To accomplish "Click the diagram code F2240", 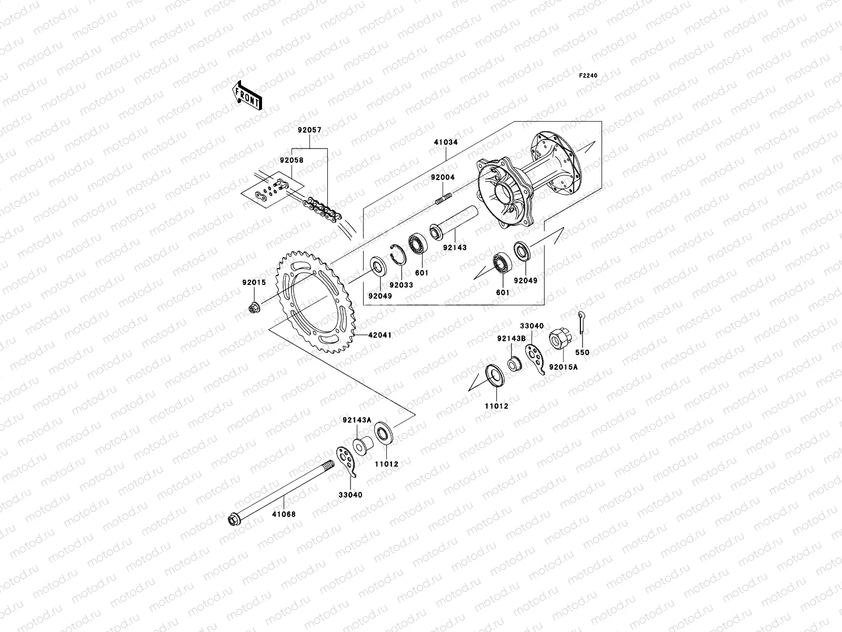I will [x=588, y=76].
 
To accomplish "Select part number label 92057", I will [x=308, y=129].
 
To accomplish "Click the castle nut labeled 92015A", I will [x=559, y=340].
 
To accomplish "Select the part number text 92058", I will [x=291, y=160].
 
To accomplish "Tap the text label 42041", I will [x=379, y=334].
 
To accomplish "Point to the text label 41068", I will [x=284, y=514].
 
